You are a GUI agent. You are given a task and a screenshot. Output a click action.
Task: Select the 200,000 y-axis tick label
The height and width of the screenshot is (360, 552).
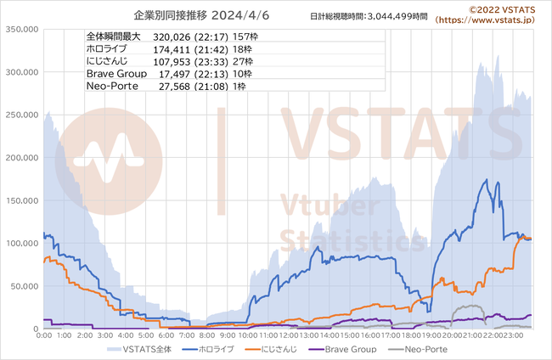[21, 157]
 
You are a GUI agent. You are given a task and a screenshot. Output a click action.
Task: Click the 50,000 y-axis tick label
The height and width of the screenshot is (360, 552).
[24, 285]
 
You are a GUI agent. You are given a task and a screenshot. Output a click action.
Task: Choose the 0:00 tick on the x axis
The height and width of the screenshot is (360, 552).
[44, 335]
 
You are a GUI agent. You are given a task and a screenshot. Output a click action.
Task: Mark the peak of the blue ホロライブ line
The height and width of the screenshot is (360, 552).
[486, 180]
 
